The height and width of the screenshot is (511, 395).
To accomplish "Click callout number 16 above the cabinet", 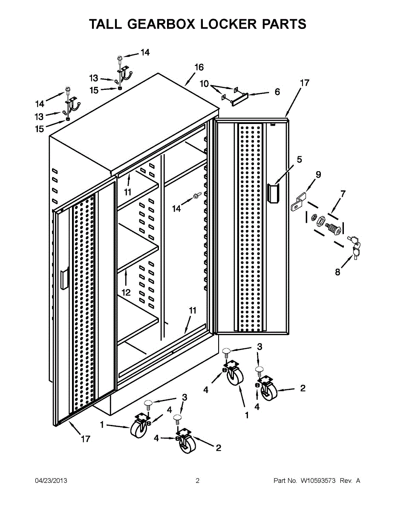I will (x=199, y=67).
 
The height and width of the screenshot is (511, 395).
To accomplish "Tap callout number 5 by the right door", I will (x=299, y=160).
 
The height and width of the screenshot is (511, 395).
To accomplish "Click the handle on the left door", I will (x=64, y=279).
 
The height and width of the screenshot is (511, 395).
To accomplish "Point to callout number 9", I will (x=318, y=175).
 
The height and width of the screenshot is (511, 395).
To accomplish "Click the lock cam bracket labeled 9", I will (x=298, y=202).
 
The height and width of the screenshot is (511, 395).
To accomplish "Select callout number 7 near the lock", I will (x=343, y=194).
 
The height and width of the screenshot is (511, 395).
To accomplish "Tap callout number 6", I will (x=277, y=92).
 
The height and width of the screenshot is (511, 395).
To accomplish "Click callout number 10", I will (x=204, y=84).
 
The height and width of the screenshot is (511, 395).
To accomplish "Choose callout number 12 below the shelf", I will (x=126, y=293).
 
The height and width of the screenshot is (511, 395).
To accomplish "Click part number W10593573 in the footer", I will (x=318, y=481).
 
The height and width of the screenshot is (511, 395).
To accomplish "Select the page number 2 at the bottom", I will (x=197, y=481).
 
